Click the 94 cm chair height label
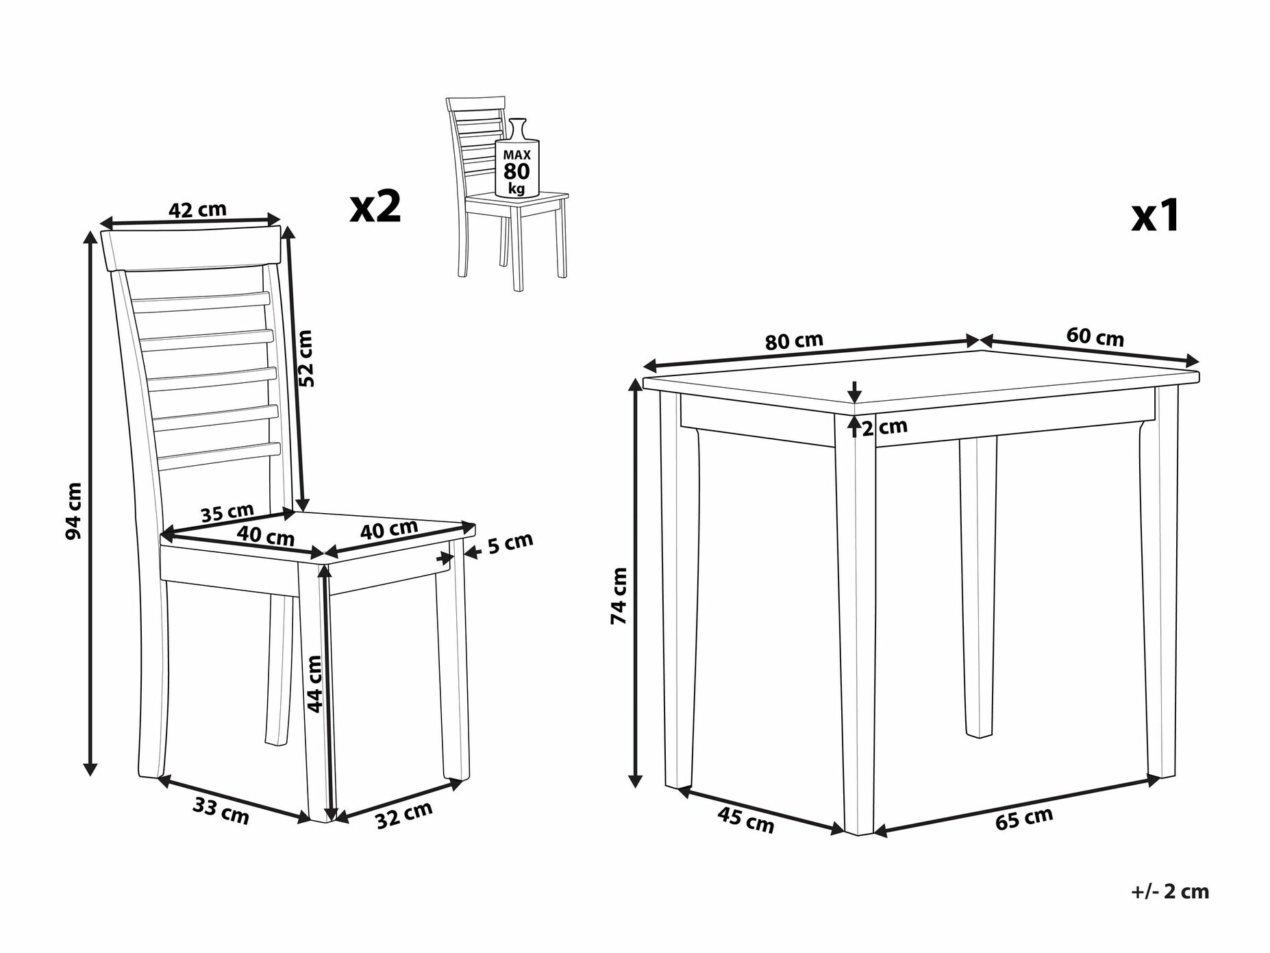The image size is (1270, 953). point(74,510)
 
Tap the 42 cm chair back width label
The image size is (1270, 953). point(197,210)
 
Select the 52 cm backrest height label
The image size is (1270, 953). point(306,358)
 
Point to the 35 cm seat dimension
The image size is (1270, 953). point(227,512)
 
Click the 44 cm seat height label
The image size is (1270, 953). point(314,684)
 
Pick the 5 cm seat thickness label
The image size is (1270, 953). point(510,543)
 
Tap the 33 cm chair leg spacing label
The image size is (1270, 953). point(221,811)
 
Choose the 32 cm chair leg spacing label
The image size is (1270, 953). point(404,815)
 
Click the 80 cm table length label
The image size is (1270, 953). point(794,341)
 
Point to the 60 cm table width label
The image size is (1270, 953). point(1095,337)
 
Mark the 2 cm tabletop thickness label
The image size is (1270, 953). point(884,428)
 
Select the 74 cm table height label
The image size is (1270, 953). point(619,595)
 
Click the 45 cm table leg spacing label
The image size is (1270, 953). point(746,820)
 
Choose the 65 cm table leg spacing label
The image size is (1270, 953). point(1024,819)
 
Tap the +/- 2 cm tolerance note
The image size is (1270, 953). point(1170,891)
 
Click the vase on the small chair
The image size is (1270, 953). point(517,158)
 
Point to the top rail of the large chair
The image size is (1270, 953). point(192,248)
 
